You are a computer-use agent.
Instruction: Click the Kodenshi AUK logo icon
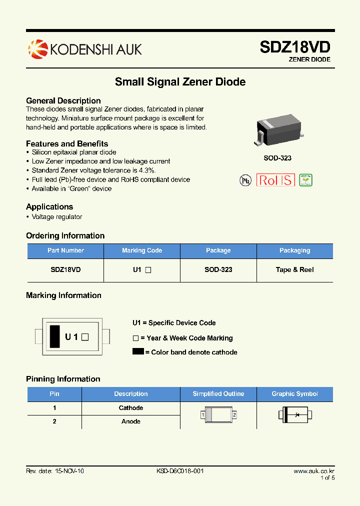tap(37, 48)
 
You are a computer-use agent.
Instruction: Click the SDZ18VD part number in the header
tap(294, 47)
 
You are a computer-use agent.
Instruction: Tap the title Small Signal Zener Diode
tap(180, 81)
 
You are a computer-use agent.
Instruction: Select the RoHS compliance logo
tap(275, 180)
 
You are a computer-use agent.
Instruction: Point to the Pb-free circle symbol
tap(245, 180)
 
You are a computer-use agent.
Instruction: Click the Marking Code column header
tap(142, 250)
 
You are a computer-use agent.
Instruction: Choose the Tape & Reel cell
tap(294, 269)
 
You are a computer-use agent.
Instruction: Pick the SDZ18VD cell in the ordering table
tap(65, 269)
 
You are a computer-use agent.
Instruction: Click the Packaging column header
tap(294, 250)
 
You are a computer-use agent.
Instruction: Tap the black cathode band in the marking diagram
tap(54, 336)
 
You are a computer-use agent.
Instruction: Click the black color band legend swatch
tap(138, 351)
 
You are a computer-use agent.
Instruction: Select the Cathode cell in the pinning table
tap(131, 408)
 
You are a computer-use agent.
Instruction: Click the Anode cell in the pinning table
tap(131, 421)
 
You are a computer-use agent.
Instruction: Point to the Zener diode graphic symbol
tap(295, 414)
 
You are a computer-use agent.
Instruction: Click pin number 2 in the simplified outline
tap(234, 415)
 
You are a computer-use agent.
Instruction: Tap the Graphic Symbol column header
tap(294, 394)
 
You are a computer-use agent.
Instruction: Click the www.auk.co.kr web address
tap(313, 471)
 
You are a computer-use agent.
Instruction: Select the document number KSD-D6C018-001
tap(180, 471)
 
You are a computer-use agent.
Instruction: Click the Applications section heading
tap(49, 206)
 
